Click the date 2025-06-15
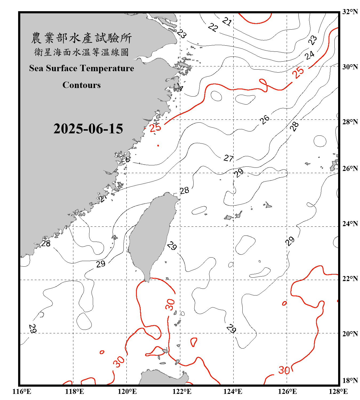pyautogui.click(x=88, y=129)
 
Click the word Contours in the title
pyautogui.click(x=82, y=85)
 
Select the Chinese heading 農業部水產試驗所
pyautogui.click(x=81, y=38)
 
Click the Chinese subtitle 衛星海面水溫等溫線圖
pyautogui.click(x=81, y=52)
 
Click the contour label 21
pyautogui.click(x=227, y=21)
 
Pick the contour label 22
pyautogui.click(x=213, y=27)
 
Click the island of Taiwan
pyautogui.click(x=151, y=235)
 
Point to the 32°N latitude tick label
pyautogui.click(x=350, y=12)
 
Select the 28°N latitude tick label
pyautogui.click(x=350, y=122)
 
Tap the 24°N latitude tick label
pyautogui.click(x=350, y=224)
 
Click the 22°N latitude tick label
pyautogui.click(x=350, y=279)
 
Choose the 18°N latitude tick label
pyautogui.click(x=350, y=381)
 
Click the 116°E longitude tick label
pyautogui.click(x=22, y=391)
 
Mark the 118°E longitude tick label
pyautogui.click(x=74, y=391)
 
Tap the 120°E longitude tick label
pyautogui.click(x=127, y=391)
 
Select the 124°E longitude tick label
pyautogui.click(x=233, y=391)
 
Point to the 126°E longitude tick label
pyautogui.click(x=287, y=391)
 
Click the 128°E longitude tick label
pyautogui.click(x=338, y=391)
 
